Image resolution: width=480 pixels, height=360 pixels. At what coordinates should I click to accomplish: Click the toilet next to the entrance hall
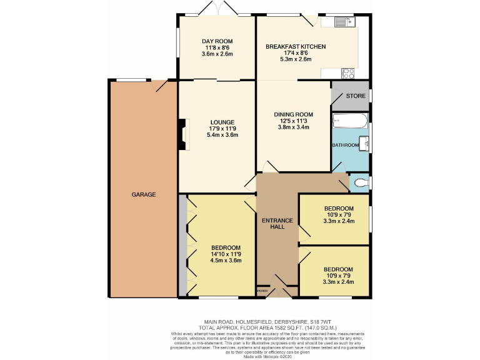pyautogui.click(x=359, y=183)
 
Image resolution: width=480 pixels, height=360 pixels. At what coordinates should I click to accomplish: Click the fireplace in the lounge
pyautogui.click(x=182, y=134)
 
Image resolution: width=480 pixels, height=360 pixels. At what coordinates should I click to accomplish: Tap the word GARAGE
pyautogui.click(x=143, y=194)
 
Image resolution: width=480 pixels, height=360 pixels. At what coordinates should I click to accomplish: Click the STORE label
pyautogui.click(x=356, y=96)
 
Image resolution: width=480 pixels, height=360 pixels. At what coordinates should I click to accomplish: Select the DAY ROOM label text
pyautogui.click(x=217, y=41)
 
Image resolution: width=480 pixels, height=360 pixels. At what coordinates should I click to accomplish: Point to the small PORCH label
pyautogui.click(x=263, y=291)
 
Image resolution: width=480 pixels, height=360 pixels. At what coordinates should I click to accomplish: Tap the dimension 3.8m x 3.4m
pyautogui.click(x=293, y=127)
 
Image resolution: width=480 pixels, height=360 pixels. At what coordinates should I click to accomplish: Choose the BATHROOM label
pyautogui.click(x=345, y=145)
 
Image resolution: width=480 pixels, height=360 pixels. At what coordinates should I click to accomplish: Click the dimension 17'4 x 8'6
pyautogui.click(x=296, y=54)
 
